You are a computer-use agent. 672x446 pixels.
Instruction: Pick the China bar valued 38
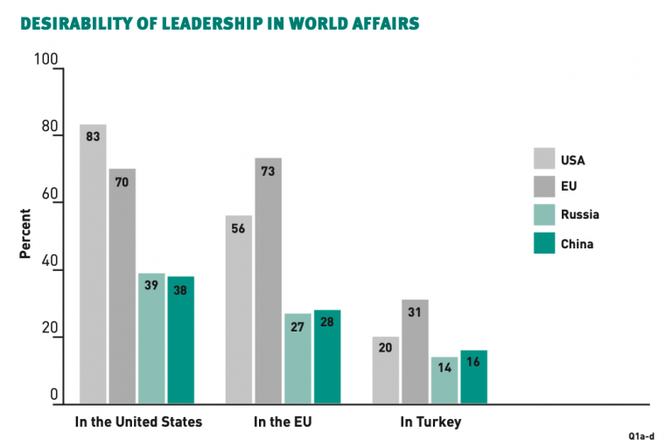point(181,340)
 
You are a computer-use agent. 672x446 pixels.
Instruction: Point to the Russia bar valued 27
point(297,359)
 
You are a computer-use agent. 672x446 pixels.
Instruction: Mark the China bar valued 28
point(327,357)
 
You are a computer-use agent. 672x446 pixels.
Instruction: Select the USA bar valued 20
point(385,370)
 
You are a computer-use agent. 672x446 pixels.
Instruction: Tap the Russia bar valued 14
point(444,380)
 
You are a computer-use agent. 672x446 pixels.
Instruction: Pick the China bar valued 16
point(473,377)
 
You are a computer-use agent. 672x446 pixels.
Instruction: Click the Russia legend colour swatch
point(545,213)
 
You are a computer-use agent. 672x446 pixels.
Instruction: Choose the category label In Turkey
point(430,422)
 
